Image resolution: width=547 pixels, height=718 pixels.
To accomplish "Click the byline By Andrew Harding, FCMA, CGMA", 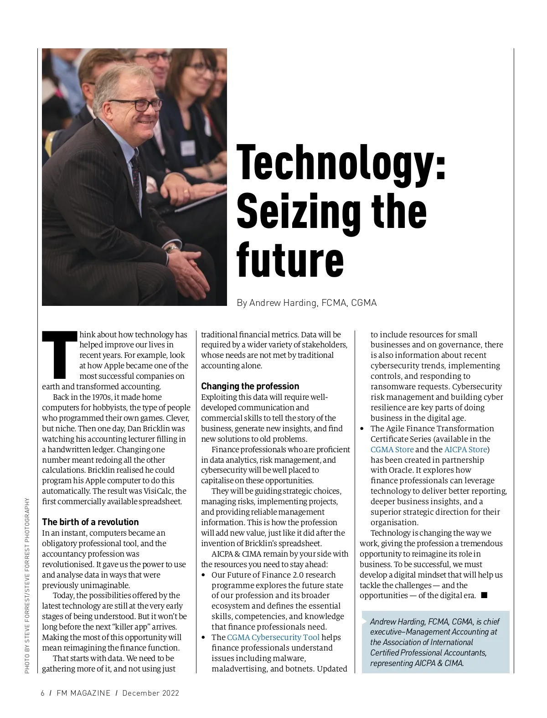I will point(306,303).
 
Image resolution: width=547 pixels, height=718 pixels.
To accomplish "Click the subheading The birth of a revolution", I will point(90,522).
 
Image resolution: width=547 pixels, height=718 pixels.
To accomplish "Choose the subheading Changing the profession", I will point(250,386).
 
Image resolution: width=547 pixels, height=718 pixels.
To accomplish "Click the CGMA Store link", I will point(392,449).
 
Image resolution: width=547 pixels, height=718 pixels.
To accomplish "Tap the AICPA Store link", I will point(466,449).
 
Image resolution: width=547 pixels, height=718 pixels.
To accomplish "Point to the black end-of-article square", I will point(484,595).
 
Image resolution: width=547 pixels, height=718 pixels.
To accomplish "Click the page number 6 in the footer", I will point(43,693).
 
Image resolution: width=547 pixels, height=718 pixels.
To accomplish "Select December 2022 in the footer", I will point(150,693).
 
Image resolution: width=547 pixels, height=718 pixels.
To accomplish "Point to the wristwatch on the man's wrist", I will point(172,248).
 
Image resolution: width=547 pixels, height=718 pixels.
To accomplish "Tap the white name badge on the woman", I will point(188,147).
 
